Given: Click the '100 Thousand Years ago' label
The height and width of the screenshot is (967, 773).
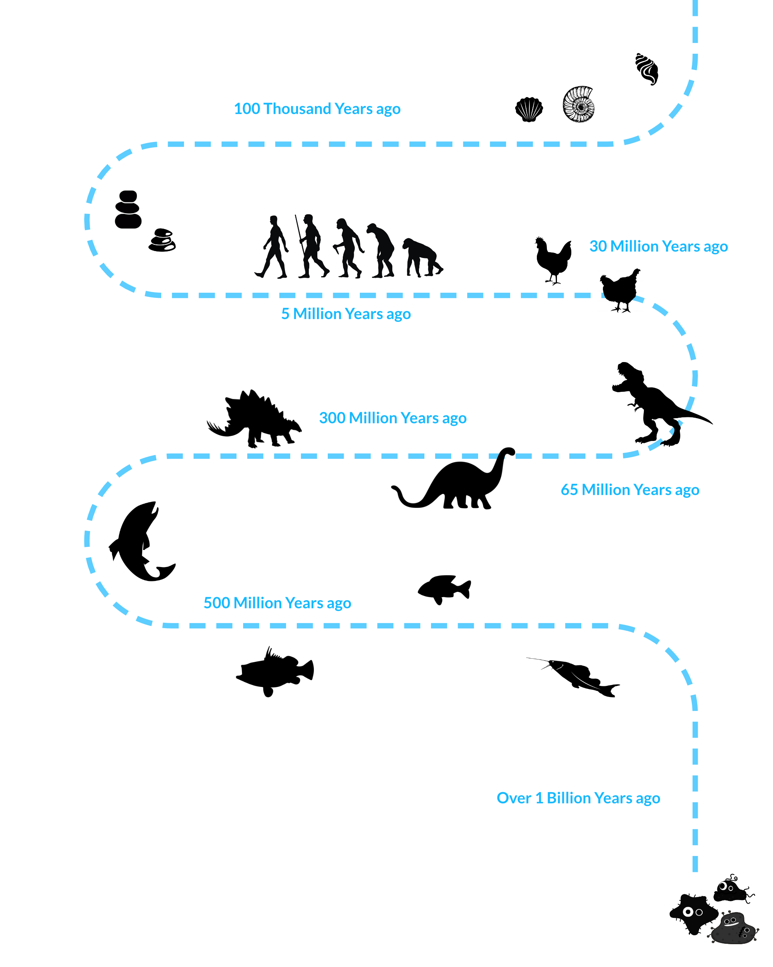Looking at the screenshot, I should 317,109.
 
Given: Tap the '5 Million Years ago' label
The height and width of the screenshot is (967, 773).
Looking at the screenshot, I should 346,314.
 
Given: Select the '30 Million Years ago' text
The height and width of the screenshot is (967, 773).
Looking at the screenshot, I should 658,246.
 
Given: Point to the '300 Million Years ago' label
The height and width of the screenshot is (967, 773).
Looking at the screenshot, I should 393,418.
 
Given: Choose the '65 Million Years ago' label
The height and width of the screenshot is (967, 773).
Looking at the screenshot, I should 630,490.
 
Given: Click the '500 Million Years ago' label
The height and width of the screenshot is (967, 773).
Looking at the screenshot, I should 277,603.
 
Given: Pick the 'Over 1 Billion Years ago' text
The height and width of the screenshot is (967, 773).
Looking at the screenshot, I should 578,798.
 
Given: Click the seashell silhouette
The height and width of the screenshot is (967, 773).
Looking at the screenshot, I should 529,109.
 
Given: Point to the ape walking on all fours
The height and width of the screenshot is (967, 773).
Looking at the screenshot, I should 421,258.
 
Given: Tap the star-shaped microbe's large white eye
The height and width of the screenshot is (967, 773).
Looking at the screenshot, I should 688,912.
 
